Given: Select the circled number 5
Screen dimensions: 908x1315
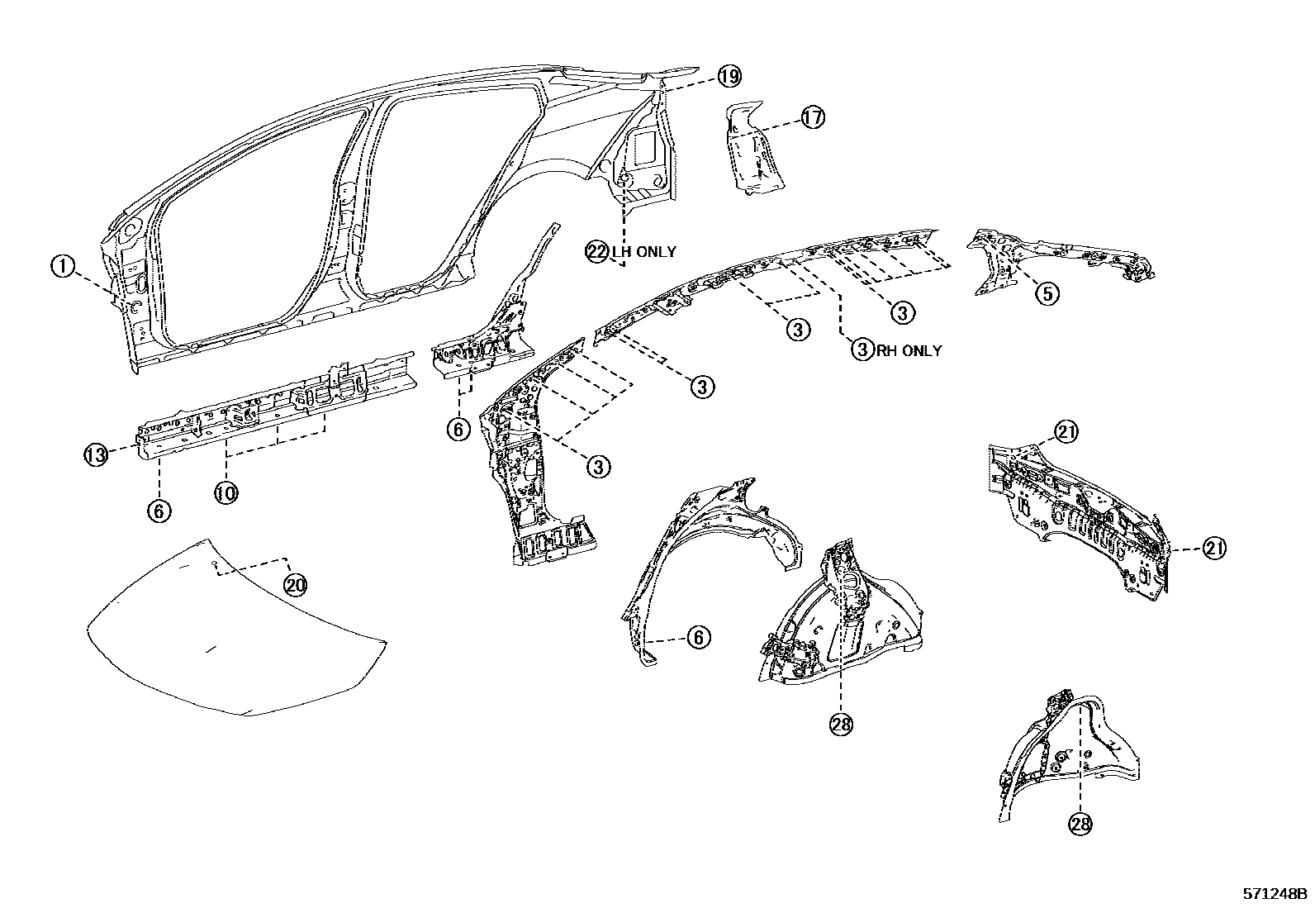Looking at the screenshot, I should [x=1047, y=292].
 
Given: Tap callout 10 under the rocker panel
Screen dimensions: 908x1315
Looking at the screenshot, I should [x=226, y=493].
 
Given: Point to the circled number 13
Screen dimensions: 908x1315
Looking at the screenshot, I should [x=97, y=454].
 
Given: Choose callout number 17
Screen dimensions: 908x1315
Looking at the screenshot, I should [x=813, y=118].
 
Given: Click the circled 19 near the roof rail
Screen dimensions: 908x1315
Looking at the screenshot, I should [x=729, y=77].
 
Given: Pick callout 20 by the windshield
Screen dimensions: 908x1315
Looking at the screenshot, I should [x=295, y=585].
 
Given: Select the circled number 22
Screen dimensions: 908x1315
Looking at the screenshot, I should [x=597, y=251].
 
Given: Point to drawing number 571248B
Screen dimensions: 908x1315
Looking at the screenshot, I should [x=1275, y=894].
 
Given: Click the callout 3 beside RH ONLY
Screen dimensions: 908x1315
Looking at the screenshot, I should [x=862, y=350].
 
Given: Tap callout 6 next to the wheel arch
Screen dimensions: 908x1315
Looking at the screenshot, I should [x=699, y=637].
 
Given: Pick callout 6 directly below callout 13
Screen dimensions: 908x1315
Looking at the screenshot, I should [x=159, y=511].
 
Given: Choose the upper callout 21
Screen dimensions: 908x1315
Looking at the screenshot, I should [x=1066, y=431].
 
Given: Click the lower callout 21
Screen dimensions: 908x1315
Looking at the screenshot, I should [x=1214, y=548].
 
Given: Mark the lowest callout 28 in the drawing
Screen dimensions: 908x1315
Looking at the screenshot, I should [x=1080, y=823].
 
